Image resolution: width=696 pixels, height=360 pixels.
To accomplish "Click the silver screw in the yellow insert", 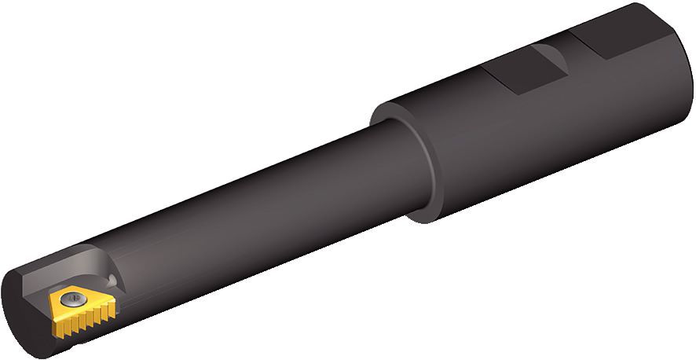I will coord(72,299).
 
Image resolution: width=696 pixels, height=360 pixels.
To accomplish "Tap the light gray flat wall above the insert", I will coord(66,271).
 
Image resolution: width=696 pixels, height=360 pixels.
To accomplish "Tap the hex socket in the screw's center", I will coord(72,299).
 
